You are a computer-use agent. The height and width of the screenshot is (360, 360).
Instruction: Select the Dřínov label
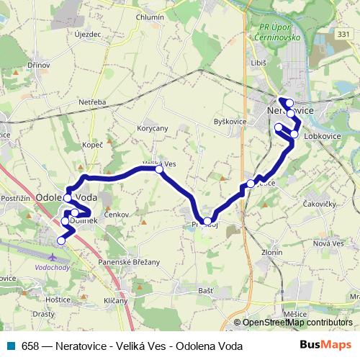click(x=39, y=64)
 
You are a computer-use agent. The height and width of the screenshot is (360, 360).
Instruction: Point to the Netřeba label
click(x=93, y=102)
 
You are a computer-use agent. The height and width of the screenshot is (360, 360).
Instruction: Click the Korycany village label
click(x=152, y=128)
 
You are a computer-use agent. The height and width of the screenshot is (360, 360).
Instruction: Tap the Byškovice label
click(x=230, y=122)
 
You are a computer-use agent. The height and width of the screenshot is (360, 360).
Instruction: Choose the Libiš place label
click(x=257, y=63)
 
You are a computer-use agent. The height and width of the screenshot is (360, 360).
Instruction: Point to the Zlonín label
click(x=271, y=253)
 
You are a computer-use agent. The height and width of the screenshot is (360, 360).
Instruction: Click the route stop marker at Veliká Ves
click(x=159, y=170)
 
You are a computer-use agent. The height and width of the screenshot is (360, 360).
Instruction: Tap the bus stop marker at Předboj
click(x=207, y=221)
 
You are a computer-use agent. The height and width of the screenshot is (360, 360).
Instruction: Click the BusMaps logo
click(x=325, y=345)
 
